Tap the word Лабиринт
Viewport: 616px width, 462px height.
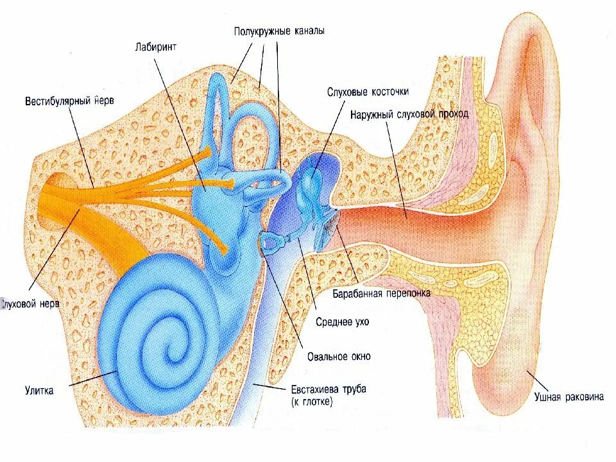tap(156, 46)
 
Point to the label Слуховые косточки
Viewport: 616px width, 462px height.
tap(367, 92)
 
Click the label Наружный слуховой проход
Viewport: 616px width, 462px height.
tap(409, 114)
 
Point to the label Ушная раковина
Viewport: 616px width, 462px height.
tap(569, 397)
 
